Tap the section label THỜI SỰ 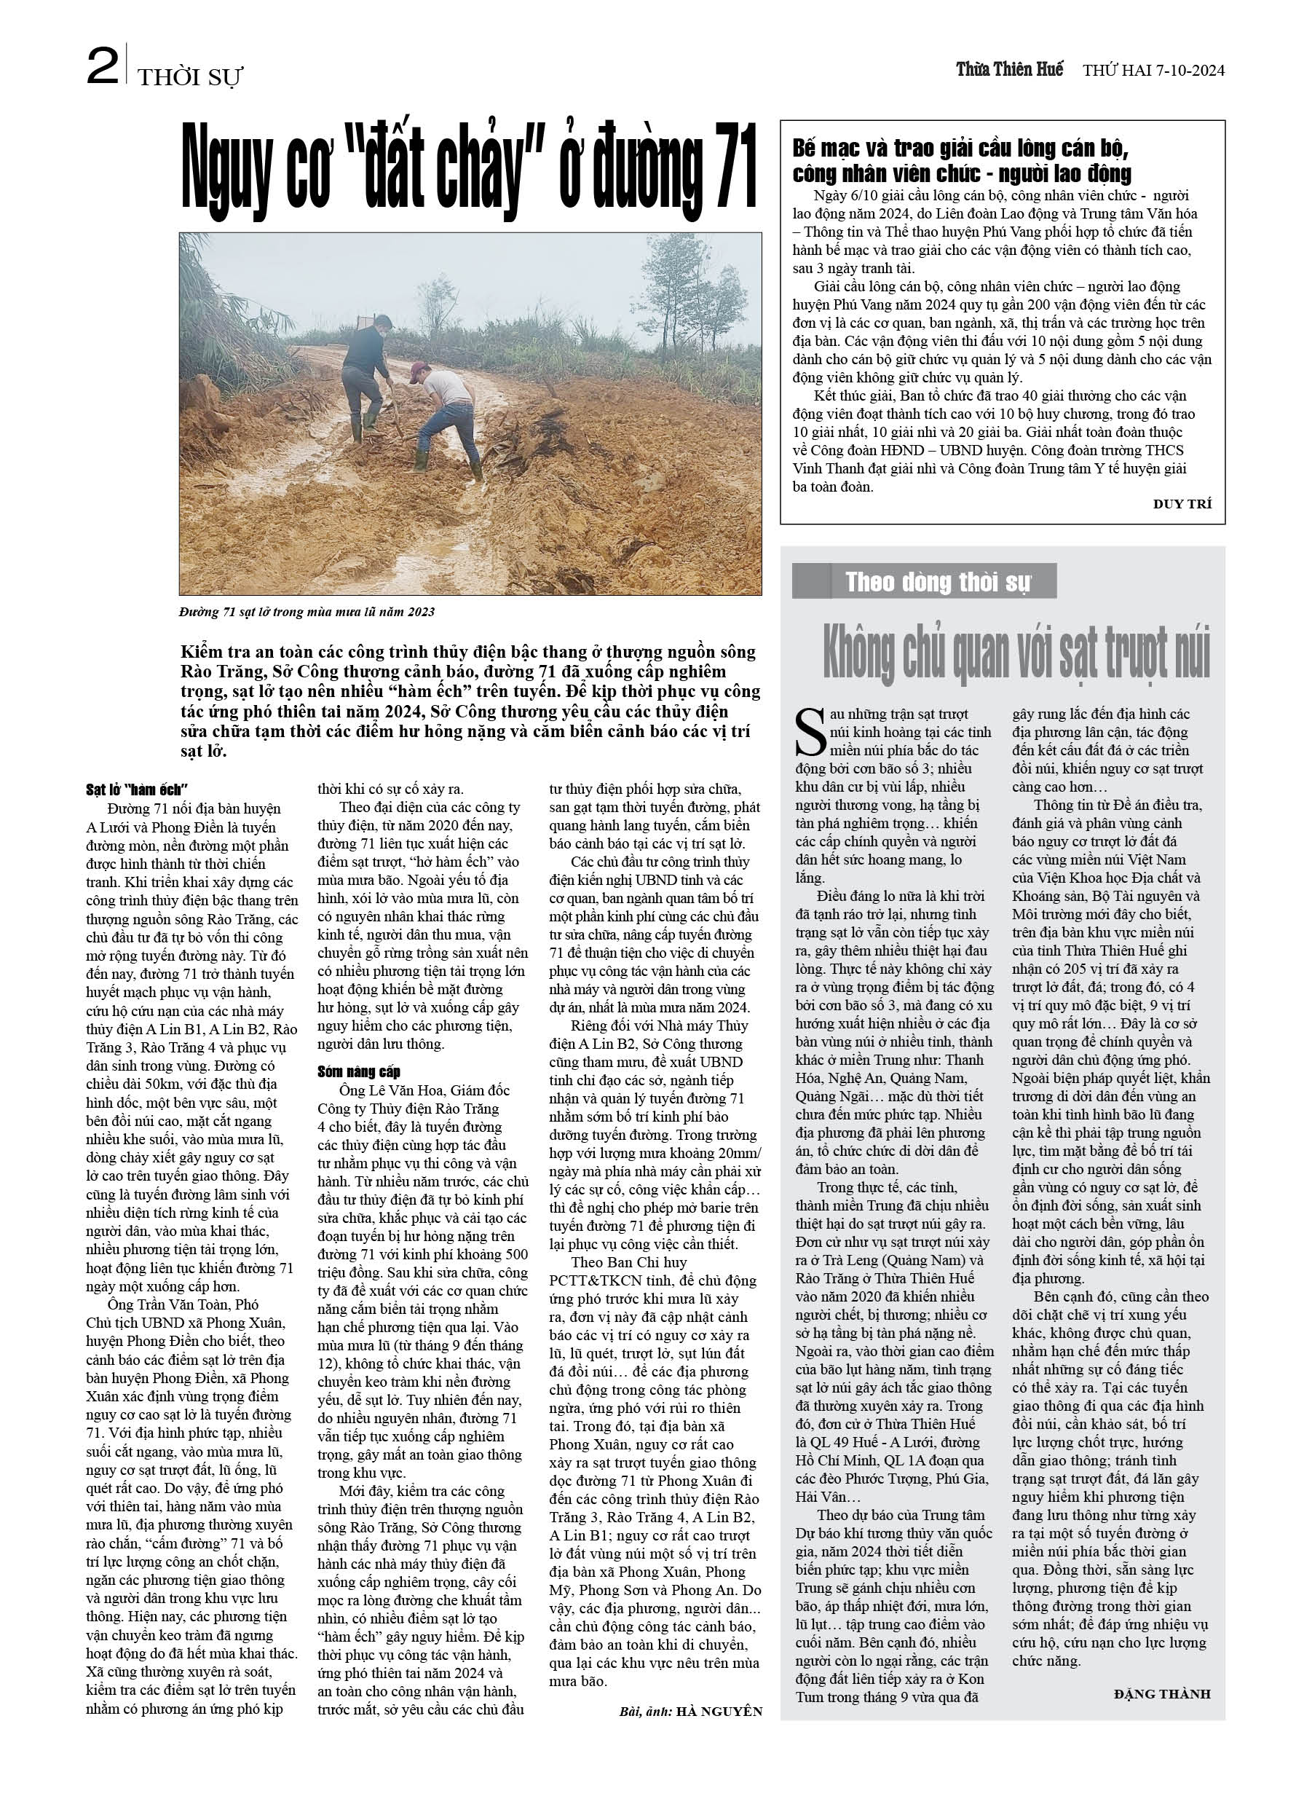[189, 77]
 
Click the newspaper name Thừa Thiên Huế [1009, 69]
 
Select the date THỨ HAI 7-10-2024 [1153, 70]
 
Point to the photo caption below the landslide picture [307, 612]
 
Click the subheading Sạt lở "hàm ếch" [136, 790]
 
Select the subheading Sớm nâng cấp [358, 1071]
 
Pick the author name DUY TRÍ [1182, 503]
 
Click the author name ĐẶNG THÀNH [1161, 1693]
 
